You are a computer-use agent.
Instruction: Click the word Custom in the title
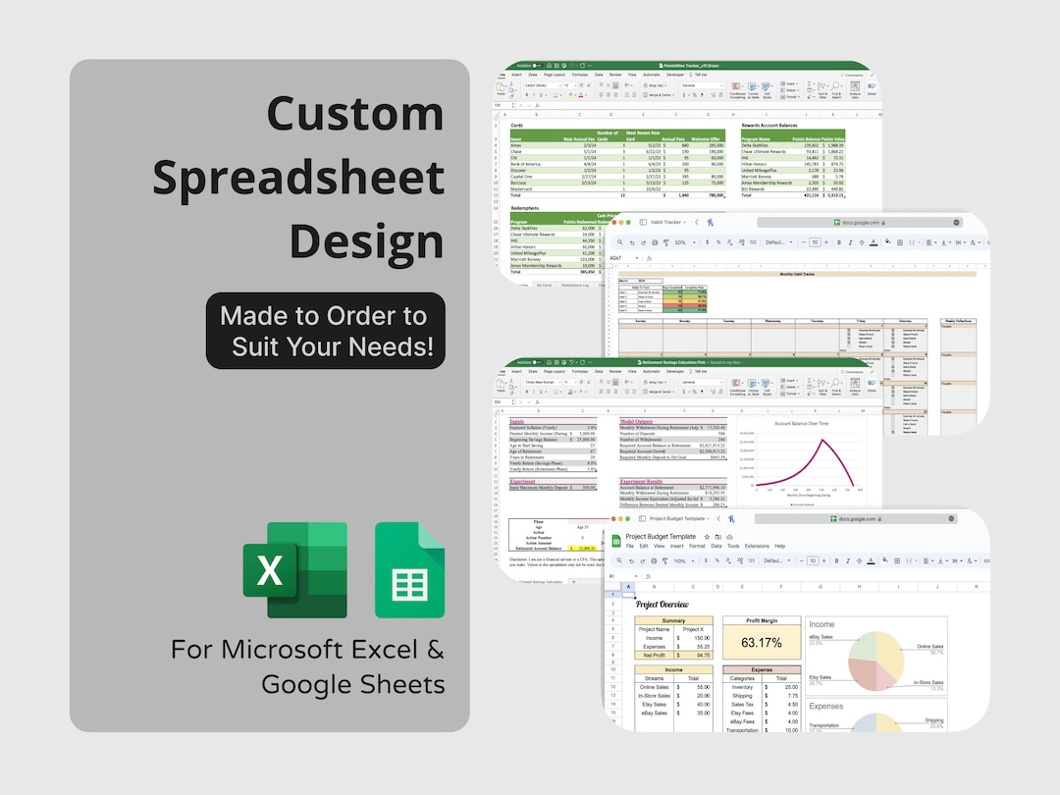click(x=355, y=114)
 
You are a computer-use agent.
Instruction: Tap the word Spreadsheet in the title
click(x=299, y=178)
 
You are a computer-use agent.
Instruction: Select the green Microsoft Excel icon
click(x=294, y=570)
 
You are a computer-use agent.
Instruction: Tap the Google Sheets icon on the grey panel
click(x=409, y=570)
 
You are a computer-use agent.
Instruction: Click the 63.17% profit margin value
click(x=761, y=644)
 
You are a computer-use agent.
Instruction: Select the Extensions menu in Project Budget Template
click(x=757, y=546)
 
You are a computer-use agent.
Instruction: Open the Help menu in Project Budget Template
click(x=780, y=546)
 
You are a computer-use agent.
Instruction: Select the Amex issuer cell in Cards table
click(x=517, y=144)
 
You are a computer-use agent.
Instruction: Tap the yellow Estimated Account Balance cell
click(x=580, y=548)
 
